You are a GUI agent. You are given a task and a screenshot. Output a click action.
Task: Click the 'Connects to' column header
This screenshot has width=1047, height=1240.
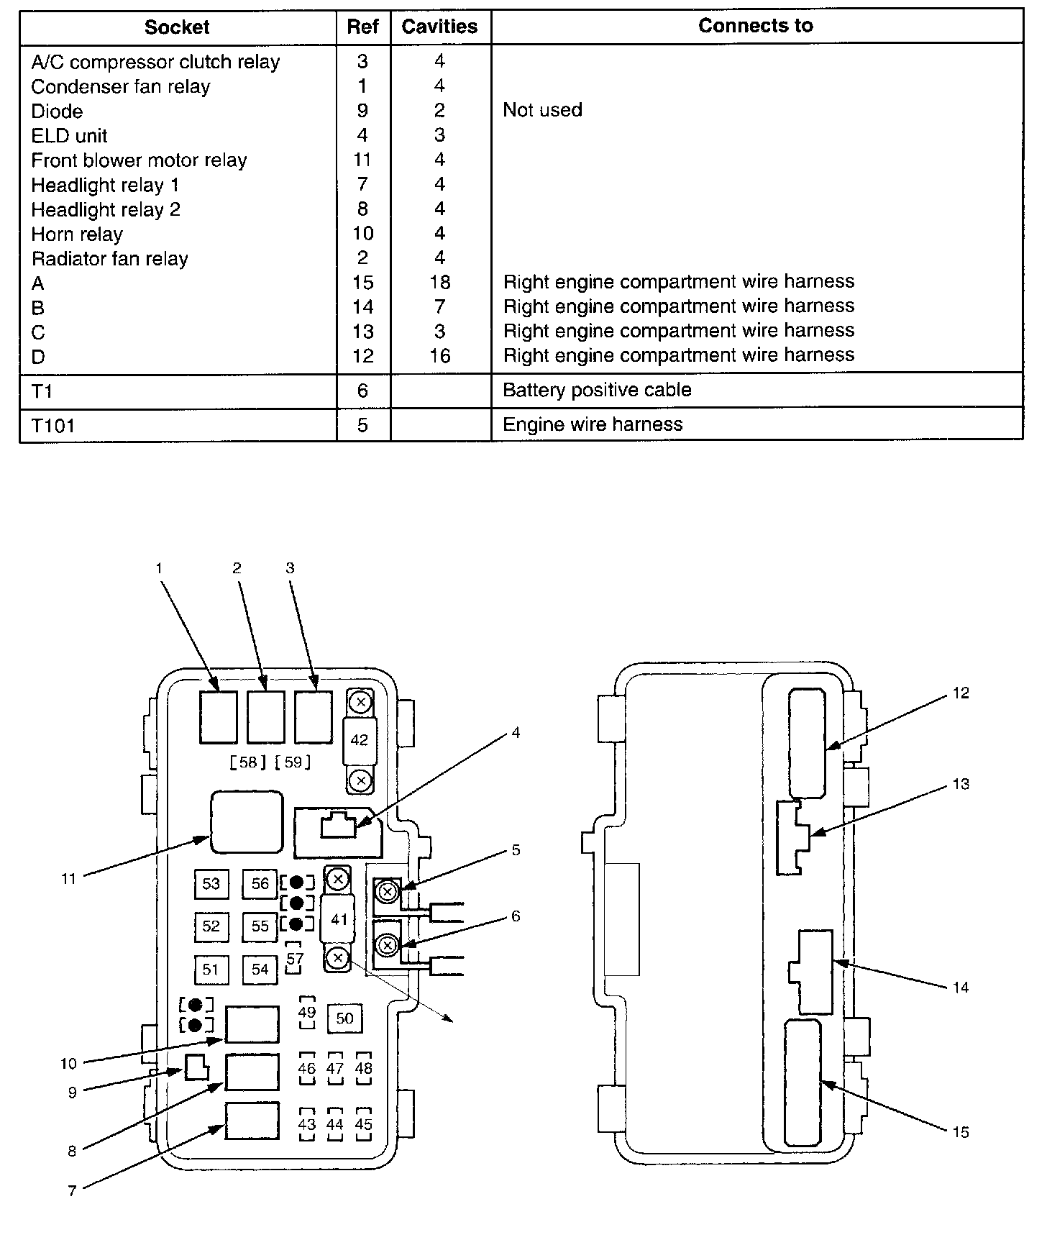click(755, 27)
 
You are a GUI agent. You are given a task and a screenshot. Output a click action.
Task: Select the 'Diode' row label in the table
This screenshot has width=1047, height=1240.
click(57, 111)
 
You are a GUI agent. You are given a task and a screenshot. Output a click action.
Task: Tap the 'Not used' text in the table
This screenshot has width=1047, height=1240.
click(542, 110)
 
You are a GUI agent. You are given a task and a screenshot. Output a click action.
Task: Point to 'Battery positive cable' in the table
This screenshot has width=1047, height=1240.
click(597, 390)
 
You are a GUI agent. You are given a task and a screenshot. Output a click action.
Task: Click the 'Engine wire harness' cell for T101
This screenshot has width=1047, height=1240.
click(593, 424)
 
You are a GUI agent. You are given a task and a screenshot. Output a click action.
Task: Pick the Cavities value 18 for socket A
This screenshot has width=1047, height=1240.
click(439, 282)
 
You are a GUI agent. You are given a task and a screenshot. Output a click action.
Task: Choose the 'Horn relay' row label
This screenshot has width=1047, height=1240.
click(77, 234)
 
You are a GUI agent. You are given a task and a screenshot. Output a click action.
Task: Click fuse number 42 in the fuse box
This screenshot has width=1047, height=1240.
click(359, 740)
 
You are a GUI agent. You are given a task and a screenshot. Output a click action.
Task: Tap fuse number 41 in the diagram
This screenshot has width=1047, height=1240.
click(339, 919)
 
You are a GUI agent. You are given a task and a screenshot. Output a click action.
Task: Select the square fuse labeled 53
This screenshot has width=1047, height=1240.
click(211, 883)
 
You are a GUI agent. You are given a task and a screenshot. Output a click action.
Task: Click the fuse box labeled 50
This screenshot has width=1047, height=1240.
click(345, 1018)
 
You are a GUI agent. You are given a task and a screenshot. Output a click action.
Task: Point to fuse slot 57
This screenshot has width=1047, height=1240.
click(295, 959)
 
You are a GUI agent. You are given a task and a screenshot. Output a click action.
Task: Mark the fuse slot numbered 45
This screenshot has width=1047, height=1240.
click(364, 1124)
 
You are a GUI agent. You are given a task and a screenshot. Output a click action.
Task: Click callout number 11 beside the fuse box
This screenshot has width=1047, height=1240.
click(68, 878)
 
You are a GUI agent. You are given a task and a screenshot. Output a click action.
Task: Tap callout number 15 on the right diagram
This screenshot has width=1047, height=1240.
click(961, 1132)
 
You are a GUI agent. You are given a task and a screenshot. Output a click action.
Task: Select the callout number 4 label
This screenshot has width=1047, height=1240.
click(516, 733)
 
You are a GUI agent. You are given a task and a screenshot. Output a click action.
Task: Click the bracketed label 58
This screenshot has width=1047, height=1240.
click(247, 762)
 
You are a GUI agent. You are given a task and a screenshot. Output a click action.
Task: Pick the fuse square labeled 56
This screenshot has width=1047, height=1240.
click(260, 883)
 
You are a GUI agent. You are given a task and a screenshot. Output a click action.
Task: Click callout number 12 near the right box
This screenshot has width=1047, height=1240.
click(961, 693)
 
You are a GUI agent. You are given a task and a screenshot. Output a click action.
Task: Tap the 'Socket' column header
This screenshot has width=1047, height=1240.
click(177, 27)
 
